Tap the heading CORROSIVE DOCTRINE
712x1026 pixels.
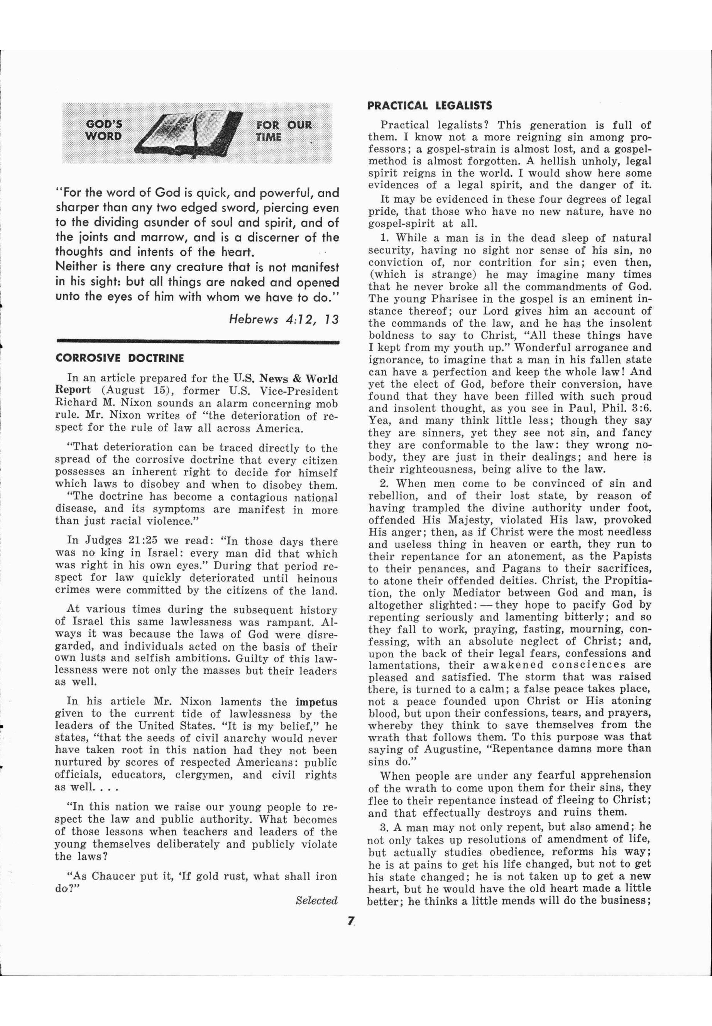tap(120, 358)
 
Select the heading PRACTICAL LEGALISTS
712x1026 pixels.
tap(430, 106)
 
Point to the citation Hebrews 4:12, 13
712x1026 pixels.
tap(284, 319)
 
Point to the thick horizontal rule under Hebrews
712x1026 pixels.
tap(197, 342)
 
